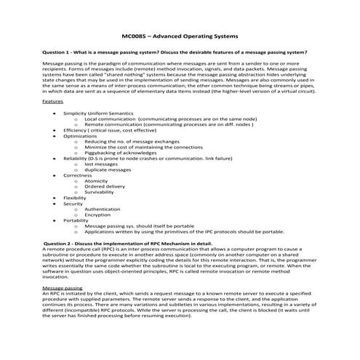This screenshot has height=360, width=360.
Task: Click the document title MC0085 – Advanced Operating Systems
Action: (x=180, y=35)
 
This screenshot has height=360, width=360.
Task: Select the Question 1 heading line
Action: (x=175, y=52)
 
